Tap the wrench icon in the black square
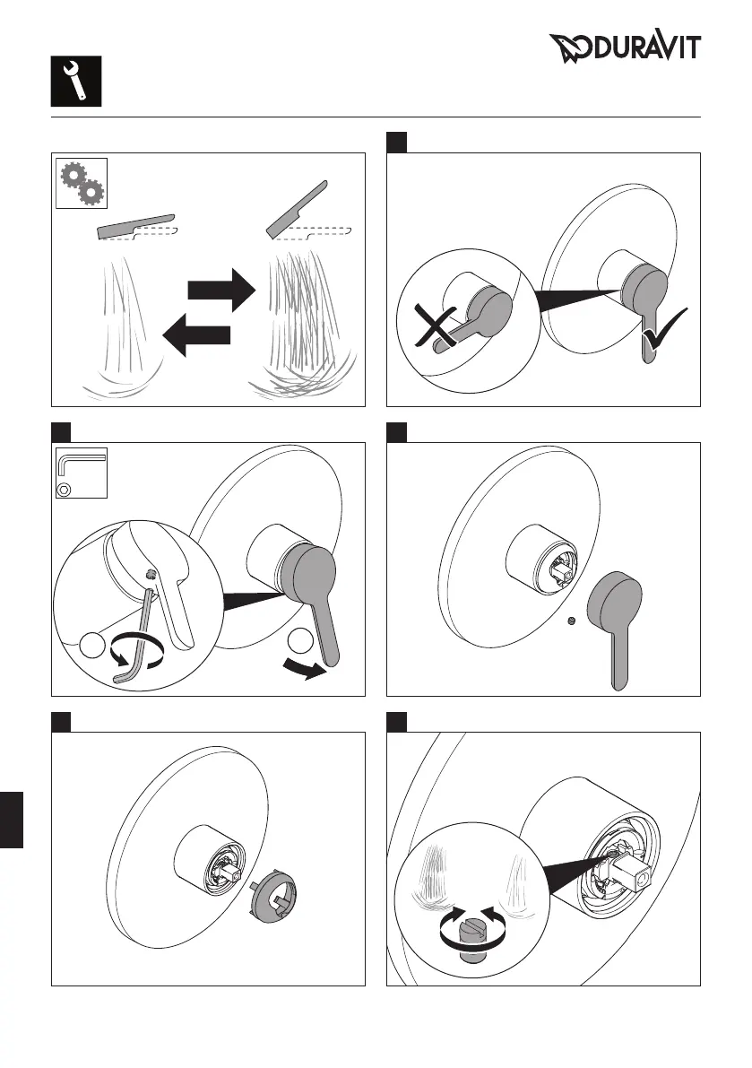point(75,80)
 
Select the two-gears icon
point(82,183)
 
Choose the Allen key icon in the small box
point(80,472)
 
